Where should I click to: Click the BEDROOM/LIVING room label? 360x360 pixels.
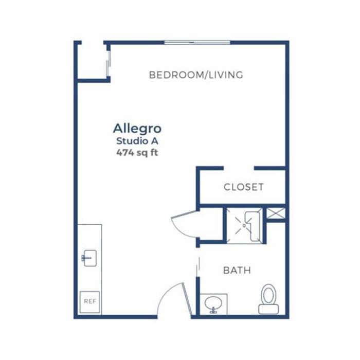195,75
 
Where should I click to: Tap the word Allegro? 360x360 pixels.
137,128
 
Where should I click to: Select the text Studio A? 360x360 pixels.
137,141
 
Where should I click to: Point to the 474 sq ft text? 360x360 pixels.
137,152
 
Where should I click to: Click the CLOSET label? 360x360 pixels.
243,187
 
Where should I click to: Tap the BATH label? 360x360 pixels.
237,270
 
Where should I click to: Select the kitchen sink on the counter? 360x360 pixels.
88,258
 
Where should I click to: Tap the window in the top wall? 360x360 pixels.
196,42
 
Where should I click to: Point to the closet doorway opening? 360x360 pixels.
239,168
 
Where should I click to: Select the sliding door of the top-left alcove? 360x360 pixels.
108,63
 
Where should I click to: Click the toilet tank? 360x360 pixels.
268,309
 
